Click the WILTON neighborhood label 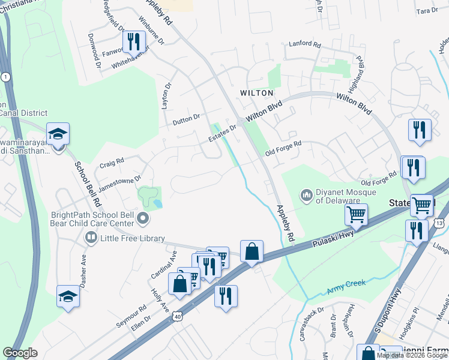click(x=256, y=93)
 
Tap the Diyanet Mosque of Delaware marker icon click(x=307, y=196)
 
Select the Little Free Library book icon click(x=91, y=238)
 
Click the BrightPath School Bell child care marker click(x=143, y=219)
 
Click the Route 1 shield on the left click(x=5, y=77)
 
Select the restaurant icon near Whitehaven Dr click(x=133, y=41)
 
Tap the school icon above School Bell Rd click(x=58, y=134)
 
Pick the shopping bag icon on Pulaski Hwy click(x=252, y=251)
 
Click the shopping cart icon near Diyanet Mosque click(x=356, y=214)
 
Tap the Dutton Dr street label click(x=185, y=119)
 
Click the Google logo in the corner click(x=20, y=353)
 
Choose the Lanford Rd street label click(x=305, y=44)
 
